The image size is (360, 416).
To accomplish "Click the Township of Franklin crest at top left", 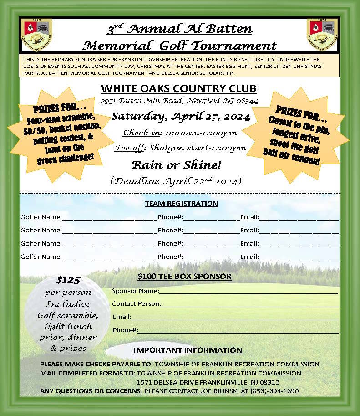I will tap(36, 35).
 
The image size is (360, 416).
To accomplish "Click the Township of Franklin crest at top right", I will tap(322, 35).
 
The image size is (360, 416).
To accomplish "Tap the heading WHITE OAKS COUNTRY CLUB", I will tap(179, 88).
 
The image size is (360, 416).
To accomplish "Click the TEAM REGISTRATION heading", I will tap(181, 204).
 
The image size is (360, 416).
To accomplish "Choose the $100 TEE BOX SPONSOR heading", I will tap(184, 276).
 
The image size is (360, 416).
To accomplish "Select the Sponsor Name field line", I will tap(248, 291).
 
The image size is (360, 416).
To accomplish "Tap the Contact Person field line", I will tap(249, 304).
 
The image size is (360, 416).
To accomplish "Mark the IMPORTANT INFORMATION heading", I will tap(188, 350).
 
